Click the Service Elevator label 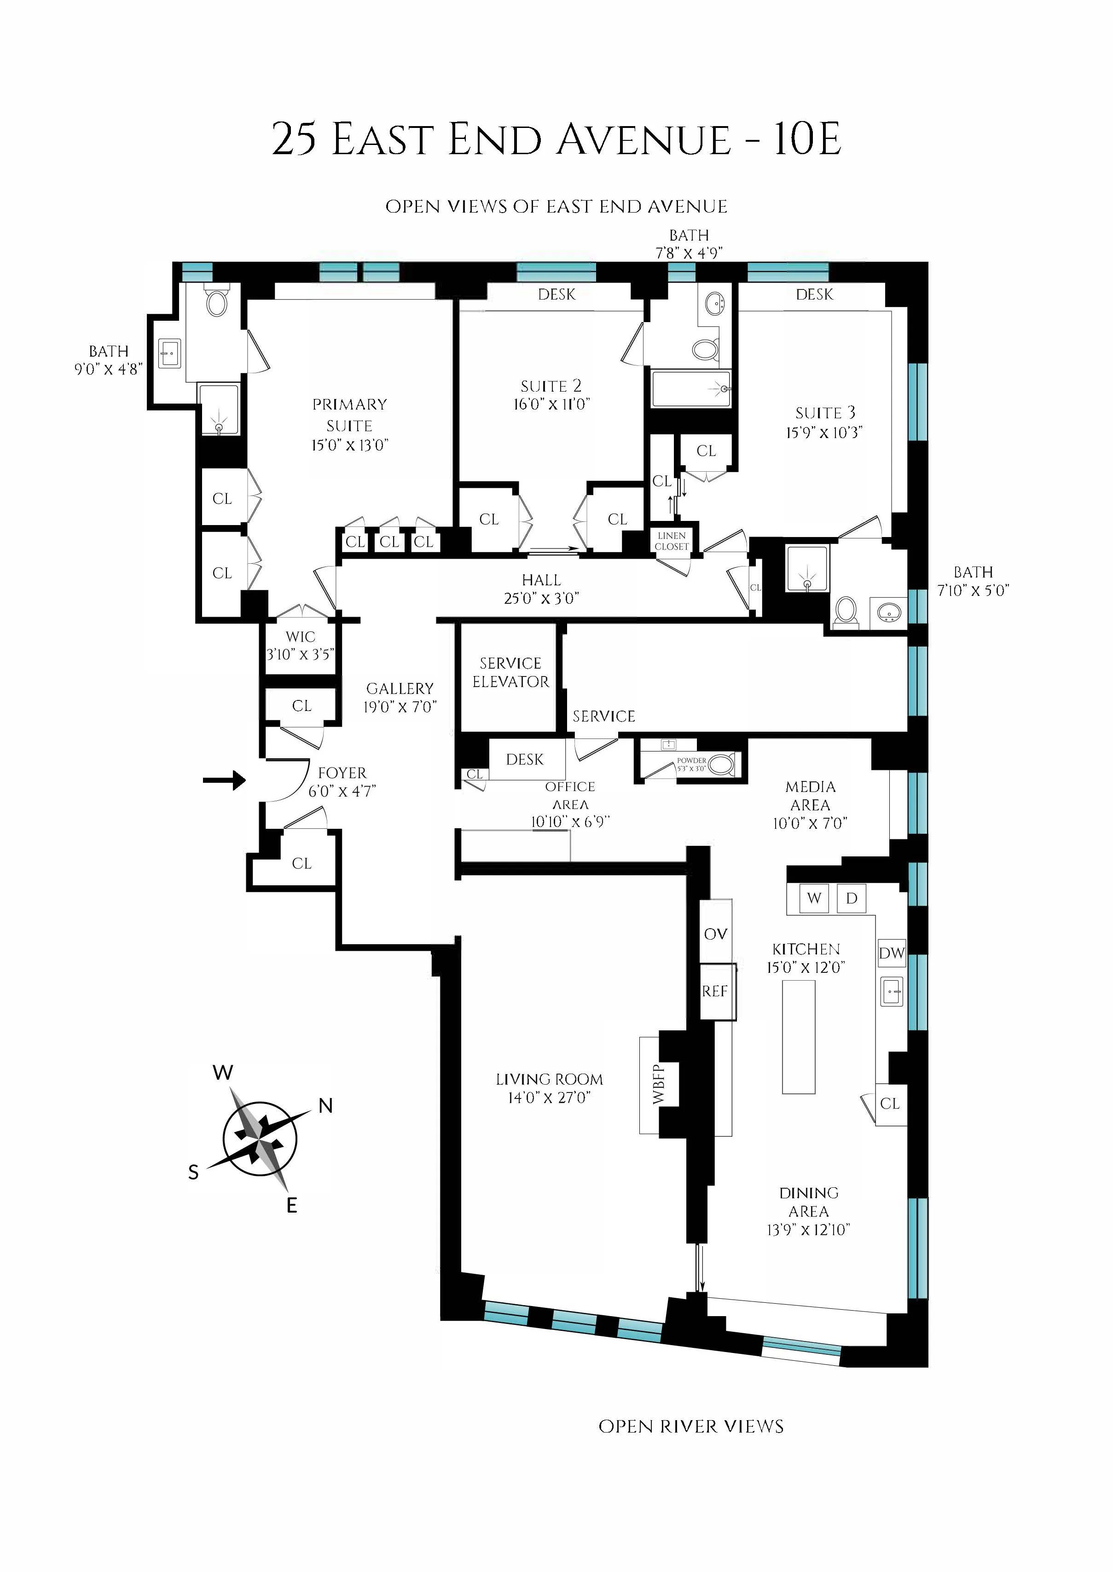click(510, 672)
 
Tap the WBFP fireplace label click(659, 1084)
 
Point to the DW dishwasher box click(892, 953)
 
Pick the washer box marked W click(814, 898)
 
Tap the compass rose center click(261, 1139)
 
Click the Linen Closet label click(671, 541)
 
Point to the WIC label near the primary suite click(300, 636)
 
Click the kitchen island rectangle click(799, 1037)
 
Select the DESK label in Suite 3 click(814, 295)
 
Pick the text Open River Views click(691, 1427)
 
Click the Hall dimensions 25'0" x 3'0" click(541, 598)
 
